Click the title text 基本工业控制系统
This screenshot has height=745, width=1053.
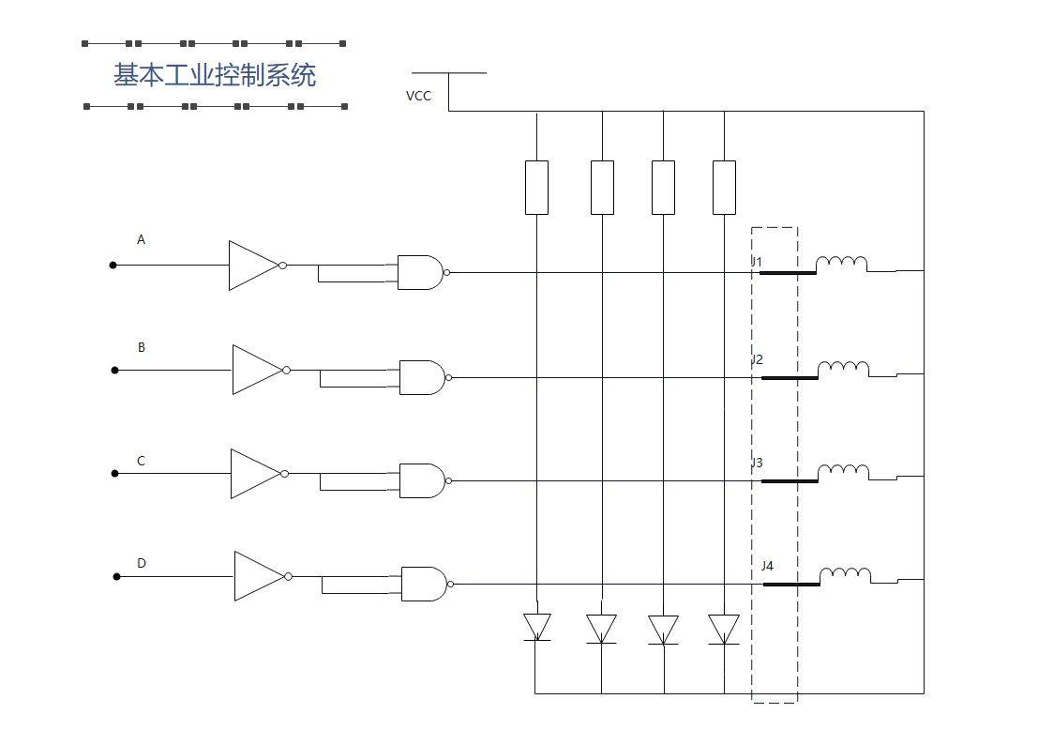215,75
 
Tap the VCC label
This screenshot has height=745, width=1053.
418,96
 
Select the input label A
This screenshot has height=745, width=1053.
142,240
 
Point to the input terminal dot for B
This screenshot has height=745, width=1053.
115,371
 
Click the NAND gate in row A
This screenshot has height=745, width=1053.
419,272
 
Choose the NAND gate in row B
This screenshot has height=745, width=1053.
421,377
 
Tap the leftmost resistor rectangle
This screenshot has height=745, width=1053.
536,188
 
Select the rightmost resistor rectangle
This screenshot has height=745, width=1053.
724,188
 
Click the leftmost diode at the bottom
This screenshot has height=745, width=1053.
536,628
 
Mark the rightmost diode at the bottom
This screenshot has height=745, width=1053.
724,629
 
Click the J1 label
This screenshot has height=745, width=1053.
757,262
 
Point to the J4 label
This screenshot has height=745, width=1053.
767,566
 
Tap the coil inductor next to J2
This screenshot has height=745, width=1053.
843,368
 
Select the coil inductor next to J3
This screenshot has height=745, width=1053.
843,471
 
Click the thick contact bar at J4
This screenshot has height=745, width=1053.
791,585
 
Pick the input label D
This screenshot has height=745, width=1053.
142,564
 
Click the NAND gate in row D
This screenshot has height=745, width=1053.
423,584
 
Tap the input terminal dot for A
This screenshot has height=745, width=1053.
113,266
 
